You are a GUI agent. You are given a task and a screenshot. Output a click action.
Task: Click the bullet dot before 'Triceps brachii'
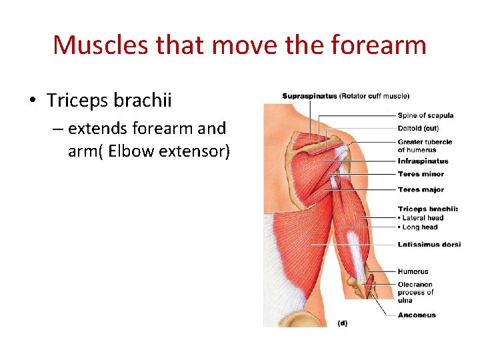click(x=32, y=101)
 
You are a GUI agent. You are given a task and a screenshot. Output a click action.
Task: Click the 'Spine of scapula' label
click(x=425, y=115)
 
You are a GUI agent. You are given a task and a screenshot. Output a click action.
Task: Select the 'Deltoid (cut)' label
click(x=418, y=129)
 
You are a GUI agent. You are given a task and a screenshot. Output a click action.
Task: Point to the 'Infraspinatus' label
click(x=423, y=161)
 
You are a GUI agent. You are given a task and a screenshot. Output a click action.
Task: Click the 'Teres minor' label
click(x=421, y=174)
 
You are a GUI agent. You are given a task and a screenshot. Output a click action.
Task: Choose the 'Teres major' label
click(x=421, y=190)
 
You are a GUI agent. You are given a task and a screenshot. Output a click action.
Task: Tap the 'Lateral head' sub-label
click(x=423, y=218)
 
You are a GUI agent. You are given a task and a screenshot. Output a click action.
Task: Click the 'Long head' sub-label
click(x=420, y=227)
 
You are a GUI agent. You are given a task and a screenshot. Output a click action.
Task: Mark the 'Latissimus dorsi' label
click(x=429, y=245)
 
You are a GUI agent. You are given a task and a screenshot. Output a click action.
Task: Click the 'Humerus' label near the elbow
click(x=413, y=271)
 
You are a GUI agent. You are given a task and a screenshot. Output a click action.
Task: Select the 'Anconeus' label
click(x=417, y=315)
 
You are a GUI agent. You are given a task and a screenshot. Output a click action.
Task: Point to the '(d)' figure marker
click(x=342, y=323)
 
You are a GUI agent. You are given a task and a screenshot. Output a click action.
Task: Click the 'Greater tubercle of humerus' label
click(x=425, y=145)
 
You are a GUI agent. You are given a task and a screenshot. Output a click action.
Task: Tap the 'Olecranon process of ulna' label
click(x=415, y=292)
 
